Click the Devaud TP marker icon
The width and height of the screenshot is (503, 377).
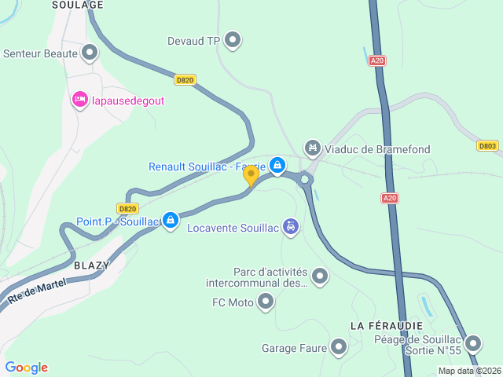coord(233,39)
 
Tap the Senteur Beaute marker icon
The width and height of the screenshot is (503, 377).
coord(90,53)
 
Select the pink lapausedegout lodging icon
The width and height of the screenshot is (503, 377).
coord(79,100)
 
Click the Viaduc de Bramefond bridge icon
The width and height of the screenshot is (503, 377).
coord(313,147)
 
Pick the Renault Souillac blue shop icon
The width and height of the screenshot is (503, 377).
coord(277,165)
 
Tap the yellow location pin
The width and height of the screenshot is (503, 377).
coord(251,175)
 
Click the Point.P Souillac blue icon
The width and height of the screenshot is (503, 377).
coord(170,220)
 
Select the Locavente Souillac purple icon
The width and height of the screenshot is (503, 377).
coord(291,227)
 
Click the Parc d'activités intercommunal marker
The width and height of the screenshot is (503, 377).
coord(320,276)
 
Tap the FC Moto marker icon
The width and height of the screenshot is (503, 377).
coord(266,301)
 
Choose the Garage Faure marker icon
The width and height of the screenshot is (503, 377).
coord(339,346)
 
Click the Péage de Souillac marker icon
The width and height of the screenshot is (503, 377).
coord(473,343)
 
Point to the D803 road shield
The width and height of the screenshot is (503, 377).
coord(487,145)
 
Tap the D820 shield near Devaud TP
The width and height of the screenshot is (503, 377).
coord(185,79)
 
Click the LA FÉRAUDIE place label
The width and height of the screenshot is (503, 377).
coord(387,325)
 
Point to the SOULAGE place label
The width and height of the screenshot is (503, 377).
coord(78,5)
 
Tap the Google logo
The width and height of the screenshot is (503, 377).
coord(27,367)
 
